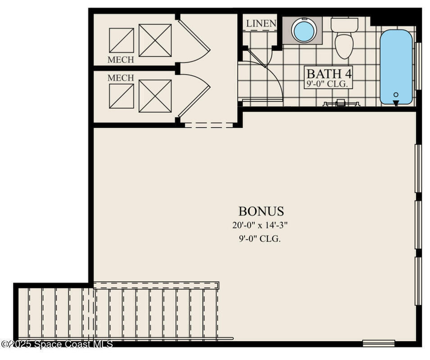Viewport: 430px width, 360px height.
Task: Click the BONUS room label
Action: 261,211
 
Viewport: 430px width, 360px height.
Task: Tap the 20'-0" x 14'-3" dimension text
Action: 260,225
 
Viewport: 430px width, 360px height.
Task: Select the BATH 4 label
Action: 329,74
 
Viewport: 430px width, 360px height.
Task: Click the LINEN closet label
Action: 261,23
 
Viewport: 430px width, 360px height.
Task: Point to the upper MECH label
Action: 121,60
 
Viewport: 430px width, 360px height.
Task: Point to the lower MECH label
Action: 121,78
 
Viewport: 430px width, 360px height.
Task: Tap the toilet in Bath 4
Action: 344,38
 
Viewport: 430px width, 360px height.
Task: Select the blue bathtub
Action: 396,67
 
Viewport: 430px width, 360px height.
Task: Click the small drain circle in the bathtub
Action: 396,95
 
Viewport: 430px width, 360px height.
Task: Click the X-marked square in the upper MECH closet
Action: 155,40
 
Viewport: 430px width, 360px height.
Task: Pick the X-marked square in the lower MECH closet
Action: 155,96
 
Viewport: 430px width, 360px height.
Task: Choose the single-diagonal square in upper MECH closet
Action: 122,40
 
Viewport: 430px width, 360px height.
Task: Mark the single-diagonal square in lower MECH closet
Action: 122,96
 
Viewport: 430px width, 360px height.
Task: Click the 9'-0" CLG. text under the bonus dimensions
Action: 260,239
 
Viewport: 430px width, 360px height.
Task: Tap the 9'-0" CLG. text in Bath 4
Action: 329,84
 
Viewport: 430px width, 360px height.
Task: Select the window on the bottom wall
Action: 379,343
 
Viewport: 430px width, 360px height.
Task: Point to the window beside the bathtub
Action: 418,66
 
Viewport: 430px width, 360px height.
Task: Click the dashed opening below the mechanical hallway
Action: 209,125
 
